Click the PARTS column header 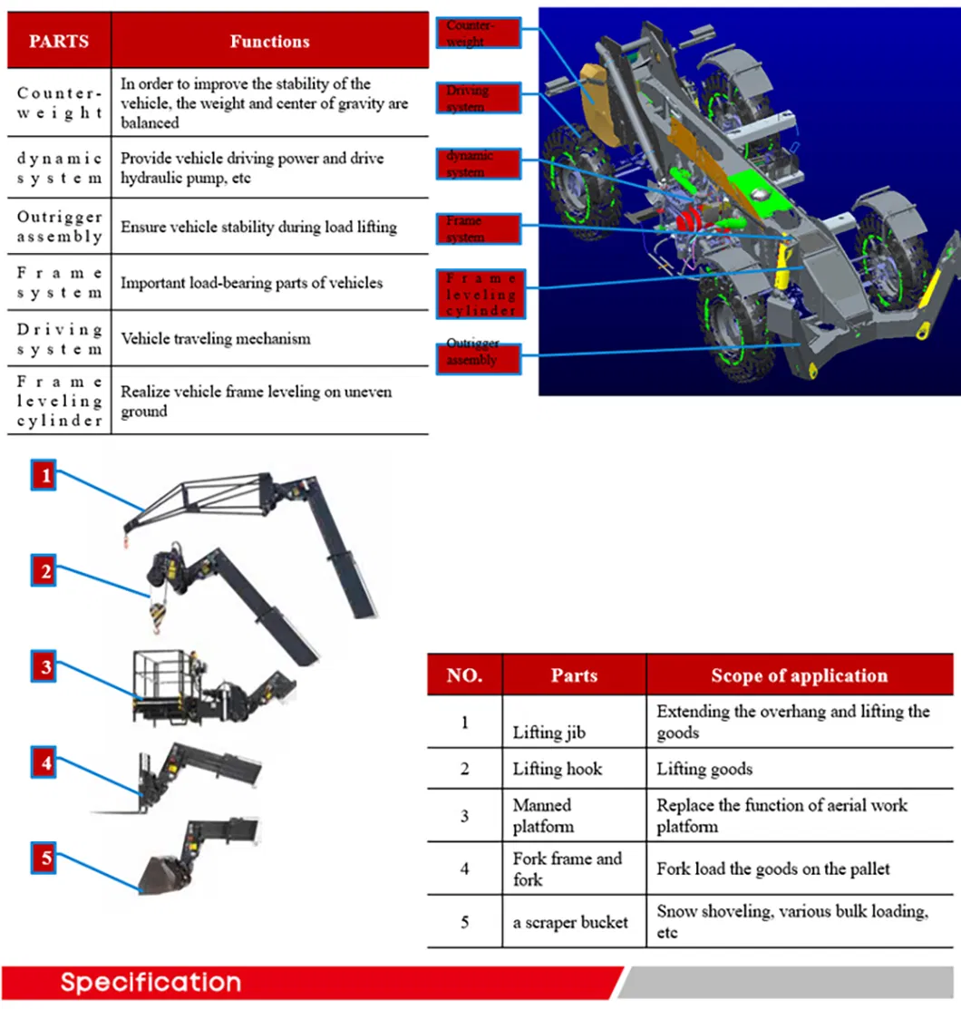[x=59, y=42]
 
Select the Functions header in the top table [x=269, y=42]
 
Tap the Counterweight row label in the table [x=59, y=102]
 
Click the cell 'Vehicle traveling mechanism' [x=216, y=339]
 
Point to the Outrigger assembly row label [x=59, y=227]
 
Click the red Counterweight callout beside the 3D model [x=479, y=34]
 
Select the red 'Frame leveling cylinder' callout [x=479, y=294]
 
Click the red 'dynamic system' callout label [x=479, y=164]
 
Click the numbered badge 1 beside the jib [x=44, y=475]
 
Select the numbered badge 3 [x=44, y=668]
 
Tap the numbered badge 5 [x=44, y=857]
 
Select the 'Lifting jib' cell [x=550, y=733]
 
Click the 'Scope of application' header [x=799, y=676]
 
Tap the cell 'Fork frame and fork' [x=567, y=868]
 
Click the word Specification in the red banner [x=151, y=983]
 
